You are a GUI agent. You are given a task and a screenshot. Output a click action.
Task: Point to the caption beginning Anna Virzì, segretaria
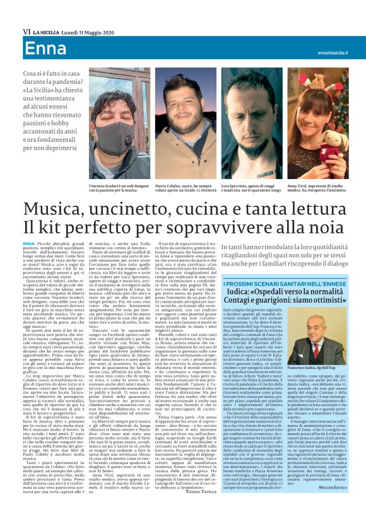tap(317, 189)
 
